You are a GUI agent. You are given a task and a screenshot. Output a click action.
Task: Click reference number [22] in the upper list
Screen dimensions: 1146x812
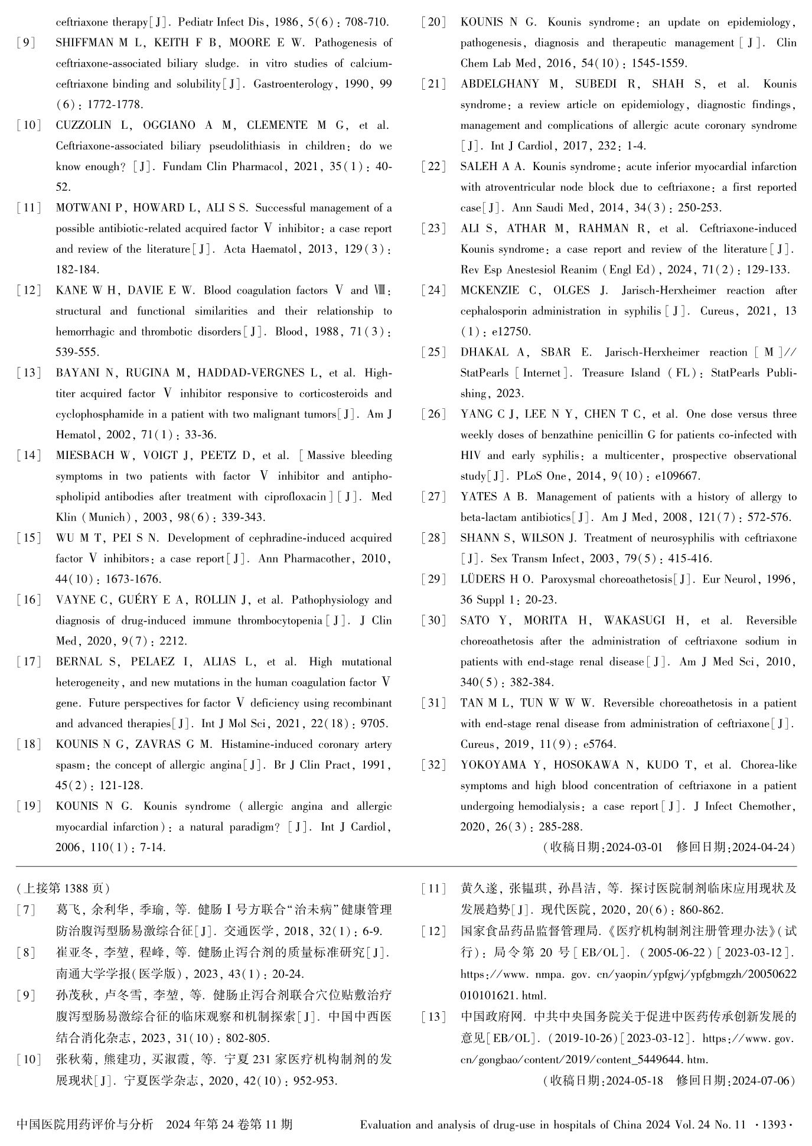[434, 167]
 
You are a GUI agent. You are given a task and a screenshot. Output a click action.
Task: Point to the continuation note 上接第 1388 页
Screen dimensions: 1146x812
[64, 888]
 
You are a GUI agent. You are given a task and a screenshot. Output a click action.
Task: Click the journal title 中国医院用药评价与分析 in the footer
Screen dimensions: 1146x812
[85, 1125]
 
